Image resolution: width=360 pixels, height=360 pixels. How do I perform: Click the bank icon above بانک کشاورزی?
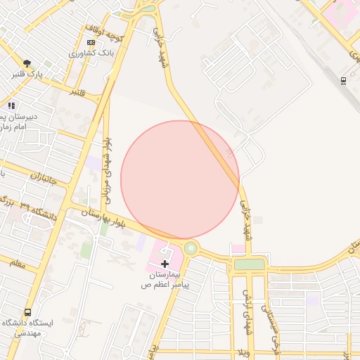tap(91, 42)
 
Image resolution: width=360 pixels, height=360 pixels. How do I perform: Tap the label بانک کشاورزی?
tap(91, 53)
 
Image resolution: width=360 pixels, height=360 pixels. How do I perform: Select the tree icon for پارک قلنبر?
tap(27, 63)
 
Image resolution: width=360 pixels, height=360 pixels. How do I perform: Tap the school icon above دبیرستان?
tap(11, 105)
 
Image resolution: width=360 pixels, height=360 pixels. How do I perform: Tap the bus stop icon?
tap(27, 311)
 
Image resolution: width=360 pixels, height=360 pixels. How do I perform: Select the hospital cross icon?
tap(165, 263)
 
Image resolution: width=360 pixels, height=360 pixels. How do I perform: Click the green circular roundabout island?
tap(191, 248)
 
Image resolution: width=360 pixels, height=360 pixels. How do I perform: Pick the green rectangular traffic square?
tap(250, 264)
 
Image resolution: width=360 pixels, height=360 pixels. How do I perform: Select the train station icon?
tap(342, 80)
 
